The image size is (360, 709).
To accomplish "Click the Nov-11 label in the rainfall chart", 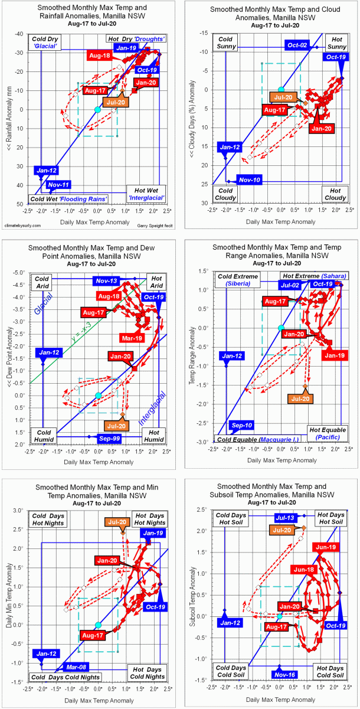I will [60, 185].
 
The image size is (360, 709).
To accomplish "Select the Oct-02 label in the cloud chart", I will [297, 45].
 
